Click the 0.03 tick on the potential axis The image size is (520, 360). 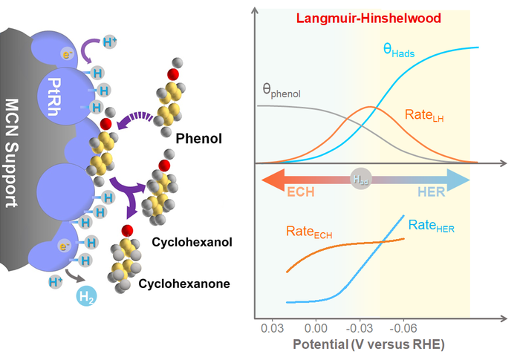(x=274, y=327)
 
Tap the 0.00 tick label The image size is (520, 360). (x=316, y=327)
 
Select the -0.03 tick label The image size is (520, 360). (x=360, y=327)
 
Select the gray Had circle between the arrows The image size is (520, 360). (x=360, y=180)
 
